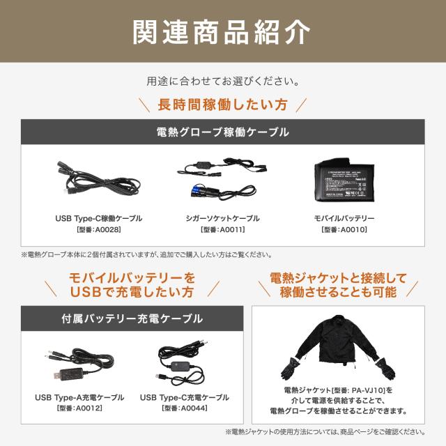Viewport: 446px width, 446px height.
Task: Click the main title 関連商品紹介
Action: click(x=222, y=31)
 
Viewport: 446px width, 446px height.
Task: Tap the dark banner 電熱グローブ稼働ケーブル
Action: click(x=222, y=131)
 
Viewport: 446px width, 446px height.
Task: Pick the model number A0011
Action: click(x=222, y=229)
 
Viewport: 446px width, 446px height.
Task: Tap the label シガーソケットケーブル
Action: click(x=222, y=218)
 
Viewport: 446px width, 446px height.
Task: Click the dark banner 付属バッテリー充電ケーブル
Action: click(x=132, y=318)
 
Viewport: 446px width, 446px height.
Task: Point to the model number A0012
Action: click(x=79, y=408)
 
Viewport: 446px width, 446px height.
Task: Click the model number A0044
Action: click(x=184, y=408)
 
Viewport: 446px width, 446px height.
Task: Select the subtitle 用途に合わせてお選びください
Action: click(x=222, y=81)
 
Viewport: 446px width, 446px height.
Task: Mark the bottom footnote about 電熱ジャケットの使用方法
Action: click(x=325, y=432)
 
